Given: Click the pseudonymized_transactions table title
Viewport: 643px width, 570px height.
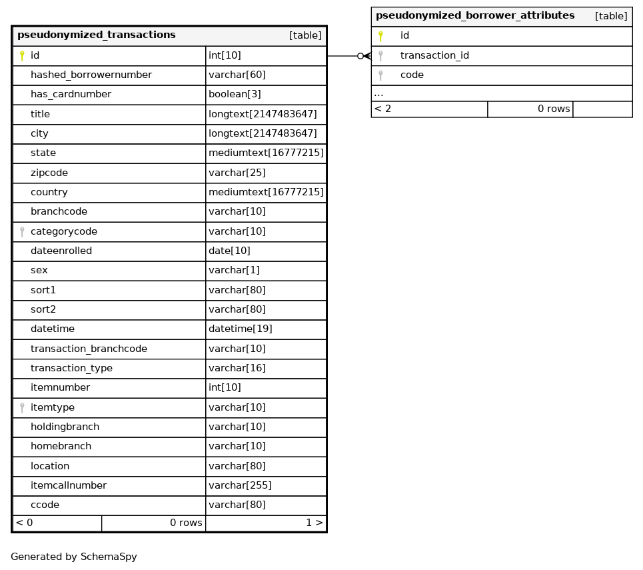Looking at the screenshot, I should pos(97,35).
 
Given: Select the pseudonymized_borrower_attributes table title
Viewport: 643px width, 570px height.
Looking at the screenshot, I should pos(475,16).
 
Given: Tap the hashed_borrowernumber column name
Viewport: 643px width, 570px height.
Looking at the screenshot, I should pos(91,75).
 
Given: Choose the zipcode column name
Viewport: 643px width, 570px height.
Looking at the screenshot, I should pos(49,173).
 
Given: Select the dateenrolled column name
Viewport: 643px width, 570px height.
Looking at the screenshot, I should pos(61,251).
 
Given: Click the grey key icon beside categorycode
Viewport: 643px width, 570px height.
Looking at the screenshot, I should pos(22,232).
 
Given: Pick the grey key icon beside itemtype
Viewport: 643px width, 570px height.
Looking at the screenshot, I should pos(22,408).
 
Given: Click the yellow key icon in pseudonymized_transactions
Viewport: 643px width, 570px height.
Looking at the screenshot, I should pos(22,56).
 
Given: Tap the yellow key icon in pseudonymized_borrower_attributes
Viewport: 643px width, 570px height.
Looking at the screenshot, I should pos(380,36).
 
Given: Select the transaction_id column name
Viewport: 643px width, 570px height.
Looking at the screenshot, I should pos(434,56).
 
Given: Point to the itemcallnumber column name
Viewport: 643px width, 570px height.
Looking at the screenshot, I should pos(69,486).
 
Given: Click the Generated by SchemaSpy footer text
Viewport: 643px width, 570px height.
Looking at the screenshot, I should pos(74,557).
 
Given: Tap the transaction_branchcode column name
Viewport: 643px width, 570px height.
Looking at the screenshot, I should pos(89,349).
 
